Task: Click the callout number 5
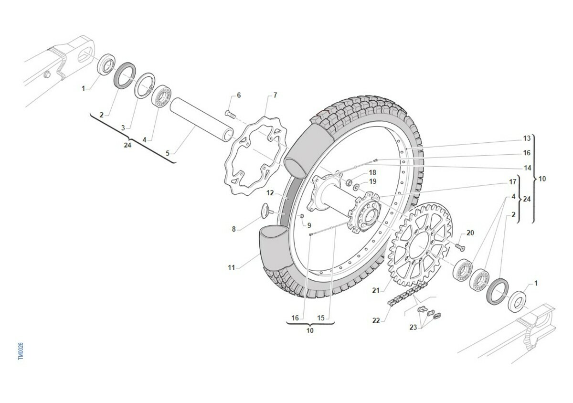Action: click(x=167, y=153)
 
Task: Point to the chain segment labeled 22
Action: click(x=406, y=294)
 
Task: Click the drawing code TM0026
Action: click(x=21, y=351)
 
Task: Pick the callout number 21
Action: click(x=376, y=290)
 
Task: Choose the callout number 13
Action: click(x=527, y=138)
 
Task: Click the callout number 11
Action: click(x=232, y=268)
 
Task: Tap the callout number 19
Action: click(x=373, y=181)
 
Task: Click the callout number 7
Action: click(x=275, y=95)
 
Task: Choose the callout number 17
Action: click(x=513, y=182)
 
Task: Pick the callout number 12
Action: click(x=270, y=193)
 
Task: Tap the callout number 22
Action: click(x=376, y=320)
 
